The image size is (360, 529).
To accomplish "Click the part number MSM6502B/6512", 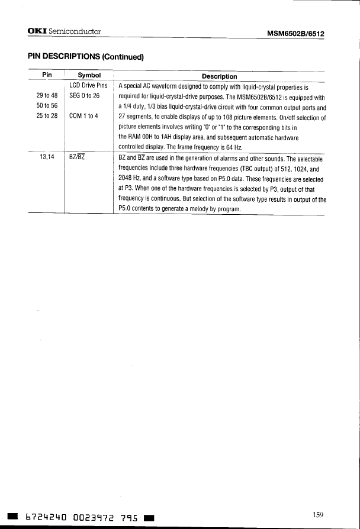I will (x=295, y=33).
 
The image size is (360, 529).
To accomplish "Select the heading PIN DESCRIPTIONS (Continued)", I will (x=86, y=57).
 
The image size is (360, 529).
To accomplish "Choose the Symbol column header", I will (x=90, y=76).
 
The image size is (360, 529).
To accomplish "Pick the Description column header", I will (x=219, y=76).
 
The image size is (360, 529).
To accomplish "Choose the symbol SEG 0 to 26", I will (x=86, y=96).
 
